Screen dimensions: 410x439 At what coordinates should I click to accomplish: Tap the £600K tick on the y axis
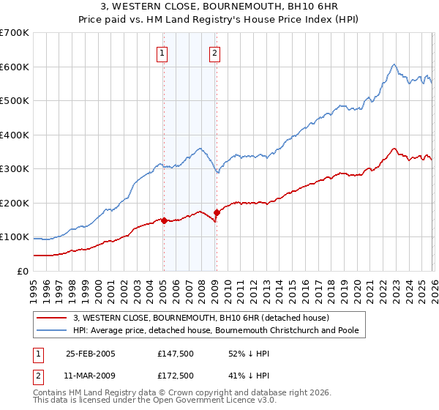[15, 67]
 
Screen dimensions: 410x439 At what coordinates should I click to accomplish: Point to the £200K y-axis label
[15, 203]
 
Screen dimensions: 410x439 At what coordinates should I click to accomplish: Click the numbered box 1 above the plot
[162, 52]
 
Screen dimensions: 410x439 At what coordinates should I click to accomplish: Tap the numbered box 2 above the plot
[215, 52]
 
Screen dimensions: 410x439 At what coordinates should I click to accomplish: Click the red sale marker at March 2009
[217, 212]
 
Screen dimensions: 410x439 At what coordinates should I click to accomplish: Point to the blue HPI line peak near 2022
[394, 64]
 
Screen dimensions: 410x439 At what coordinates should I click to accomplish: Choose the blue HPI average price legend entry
[216, 331]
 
